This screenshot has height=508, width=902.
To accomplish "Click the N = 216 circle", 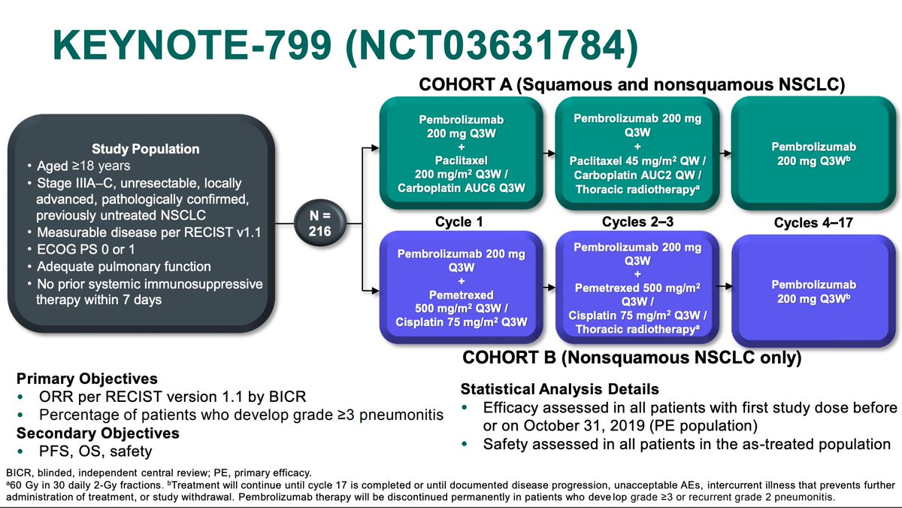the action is click(x=320, y=224).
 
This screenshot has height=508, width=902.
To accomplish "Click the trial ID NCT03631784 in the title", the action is click(x=492, y=44).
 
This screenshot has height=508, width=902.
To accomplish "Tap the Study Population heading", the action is click(x=145, y=149).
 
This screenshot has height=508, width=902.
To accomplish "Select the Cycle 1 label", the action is click(x=459, y=222).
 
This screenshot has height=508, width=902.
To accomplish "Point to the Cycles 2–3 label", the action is click(x=637, y=222).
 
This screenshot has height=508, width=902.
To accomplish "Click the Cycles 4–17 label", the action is click(x=813, y=223).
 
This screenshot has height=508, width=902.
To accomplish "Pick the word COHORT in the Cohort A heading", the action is click(x=465, y=84).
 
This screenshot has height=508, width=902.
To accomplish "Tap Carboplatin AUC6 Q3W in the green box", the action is click(x=462, y=188).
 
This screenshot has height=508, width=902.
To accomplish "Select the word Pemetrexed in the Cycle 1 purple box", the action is click(x=462, y=295).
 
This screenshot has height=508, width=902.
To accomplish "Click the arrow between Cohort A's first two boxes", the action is click(x=549, y=154).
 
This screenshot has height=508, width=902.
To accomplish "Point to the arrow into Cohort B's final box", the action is click(x=725, y=286).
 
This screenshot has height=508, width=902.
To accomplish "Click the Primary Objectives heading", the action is click(x=87, y=379).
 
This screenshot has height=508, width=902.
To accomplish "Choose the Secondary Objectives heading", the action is click(x=98, y=433).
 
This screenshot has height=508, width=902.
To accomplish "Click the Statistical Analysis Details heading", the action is click(x=560, y=389).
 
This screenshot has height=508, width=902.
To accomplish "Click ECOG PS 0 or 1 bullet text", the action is click(x=86, y=250).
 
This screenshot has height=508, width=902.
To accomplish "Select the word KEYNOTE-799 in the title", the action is click(x=192, y=44).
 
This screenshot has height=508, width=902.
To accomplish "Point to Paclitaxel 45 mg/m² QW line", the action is click(x=638, y=161).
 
